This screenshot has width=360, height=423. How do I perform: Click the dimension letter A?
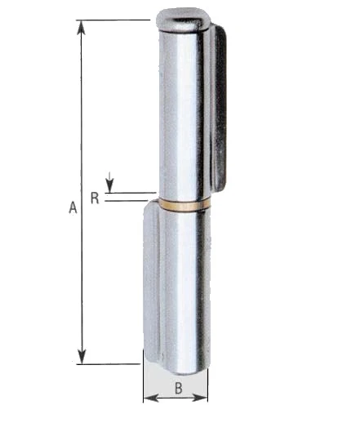pyautogui.click(x=73, y=207)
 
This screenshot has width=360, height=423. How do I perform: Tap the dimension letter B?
pyautogui.click(x=179, y=388)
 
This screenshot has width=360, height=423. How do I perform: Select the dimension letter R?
pyautogui.click(x=95, y=198)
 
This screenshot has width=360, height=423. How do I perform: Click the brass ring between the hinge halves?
pyautogui.click(x=184, y=205)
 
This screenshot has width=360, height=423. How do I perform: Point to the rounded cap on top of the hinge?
pyautogui.click(x=183, y=20)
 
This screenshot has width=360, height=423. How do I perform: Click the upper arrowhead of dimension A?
pyautogui.click(x=81, y=28)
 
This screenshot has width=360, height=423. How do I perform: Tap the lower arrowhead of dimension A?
pyautogui.click(x=82, y=356)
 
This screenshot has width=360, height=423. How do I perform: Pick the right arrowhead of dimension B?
pyautogui.click(x=200, y=398)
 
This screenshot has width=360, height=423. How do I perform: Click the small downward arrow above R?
pyautogui.click(x=109, y=182)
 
